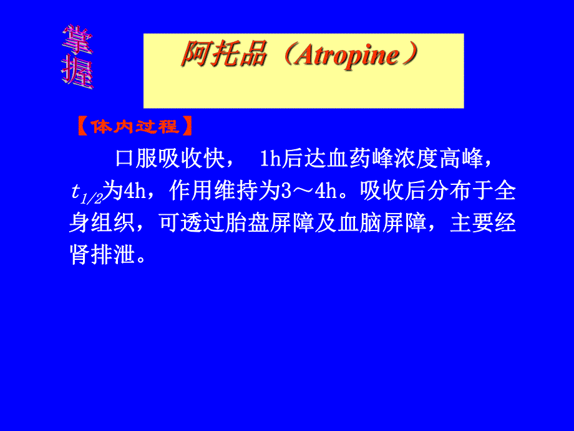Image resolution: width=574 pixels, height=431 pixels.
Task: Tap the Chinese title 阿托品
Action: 225,56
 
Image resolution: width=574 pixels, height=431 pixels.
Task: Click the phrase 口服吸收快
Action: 168,159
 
